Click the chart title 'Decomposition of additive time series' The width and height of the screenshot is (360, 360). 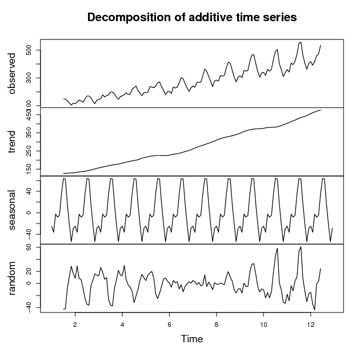click(x=191, y=18)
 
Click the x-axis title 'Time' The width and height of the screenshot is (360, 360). click(x=191, y=339)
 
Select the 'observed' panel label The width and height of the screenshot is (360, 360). click(x=12, y=73)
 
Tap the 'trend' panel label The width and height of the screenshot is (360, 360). click(x=12, y=142)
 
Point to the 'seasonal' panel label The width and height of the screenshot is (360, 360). click(x=12, y=210)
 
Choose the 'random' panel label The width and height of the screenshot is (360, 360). click(x=12, y=278)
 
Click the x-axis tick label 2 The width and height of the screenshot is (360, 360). click(x=75, y=325)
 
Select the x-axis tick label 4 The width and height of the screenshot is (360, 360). click(x=122, y=325)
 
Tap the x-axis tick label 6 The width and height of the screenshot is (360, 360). click(x=170, y=325)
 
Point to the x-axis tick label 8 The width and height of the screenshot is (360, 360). click(x=217, y=325)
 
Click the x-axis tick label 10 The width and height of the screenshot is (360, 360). click(x=263, y=325)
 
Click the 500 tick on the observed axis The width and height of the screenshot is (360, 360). click(x=29, y=50)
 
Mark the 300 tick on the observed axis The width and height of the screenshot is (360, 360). click(x=29, y=78)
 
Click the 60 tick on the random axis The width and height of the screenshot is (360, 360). click(x=29, y=247)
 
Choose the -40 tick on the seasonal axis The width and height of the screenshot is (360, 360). click(x=29, y=234)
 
